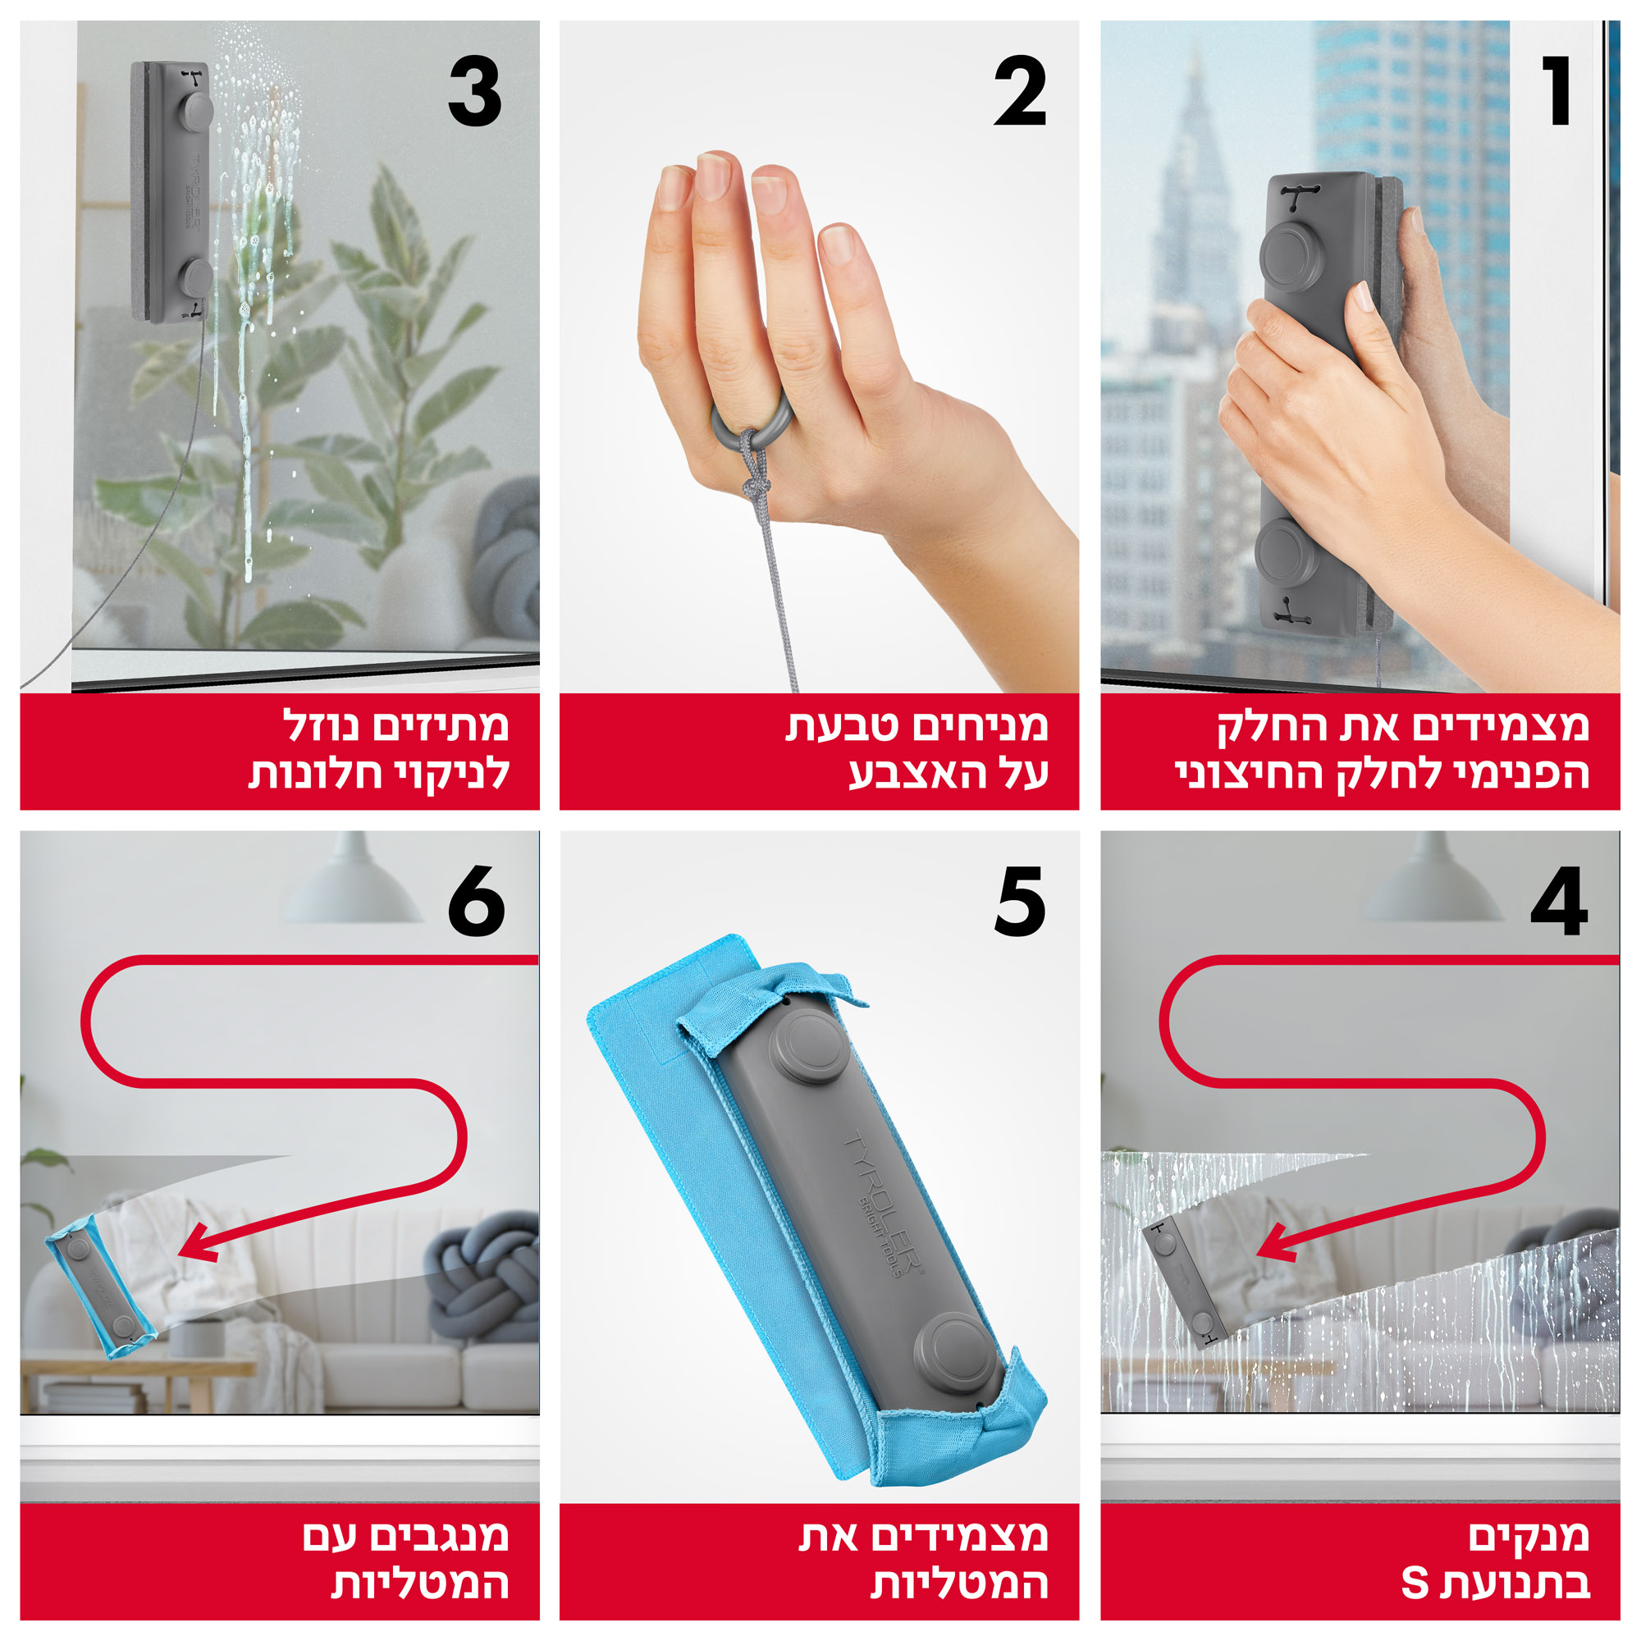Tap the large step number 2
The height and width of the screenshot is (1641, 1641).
tap(1020, 92)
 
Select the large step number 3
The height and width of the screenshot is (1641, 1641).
tap(475, 92)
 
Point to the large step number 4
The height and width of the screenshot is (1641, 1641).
tap(1559, 901)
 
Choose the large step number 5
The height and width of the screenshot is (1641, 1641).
tap(1020, 902)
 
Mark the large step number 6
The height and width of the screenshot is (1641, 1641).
tap(476, 902)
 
